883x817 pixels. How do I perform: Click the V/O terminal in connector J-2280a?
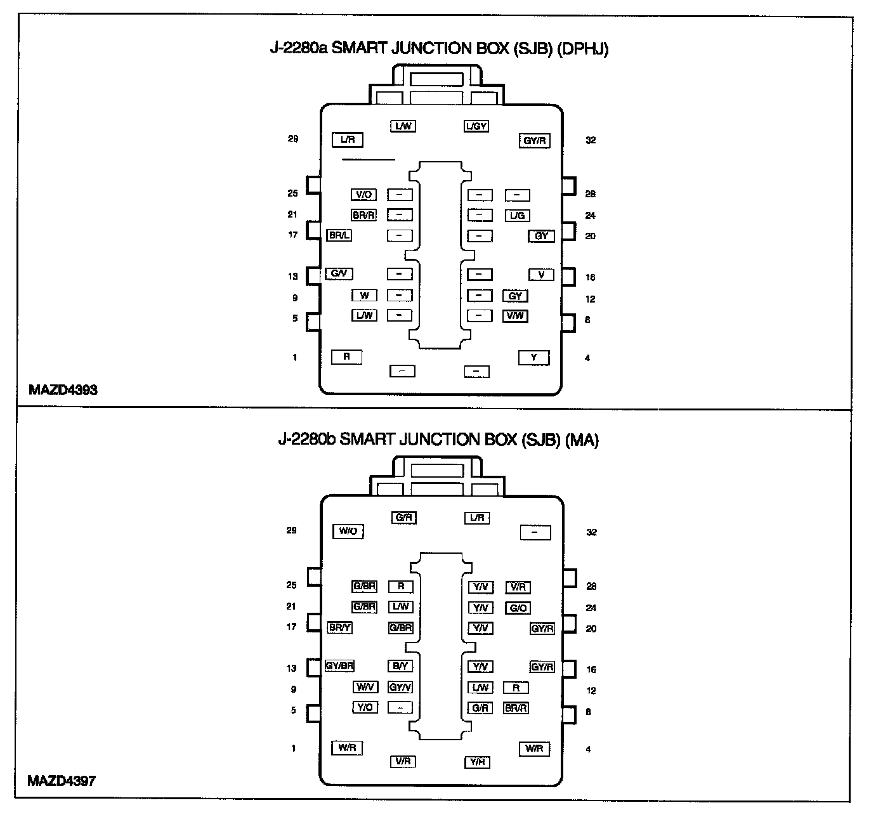pyautogui.click(x=363, y=195)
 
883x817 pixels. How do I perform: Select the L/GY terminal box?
pyautogui.click(x=476, y=126)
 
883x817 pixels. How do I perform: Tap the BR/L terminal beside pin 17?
pyautogui.click(x=339, y=235)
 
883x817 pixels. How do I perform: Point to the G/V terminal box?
pyautogui.click(x=339, y=274)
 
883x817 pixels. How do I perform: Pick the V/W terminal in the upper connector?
pyautogui.click(x=515, y=316)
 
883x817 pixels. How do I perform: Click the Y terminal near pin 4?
pyautogui.click(x=534, y=358)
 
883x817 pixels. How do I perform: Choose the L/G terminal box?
pyautogui.click(x=518, y=216)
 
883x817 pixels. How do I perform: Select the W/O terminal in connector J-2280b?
pyautogui.click(x=348, y=532)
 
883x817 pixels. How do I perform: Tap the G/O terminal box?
pyautogui.click(x=518, y=608)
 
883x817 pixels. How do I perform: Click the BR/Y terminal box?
pyautogui.click(x=339, y=628)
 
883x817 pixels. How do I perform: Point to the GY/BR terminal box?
pyautogui.click(x=339, y=666)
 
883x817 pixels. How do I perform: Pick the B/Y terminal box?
pyautogui.click(x=400, y=666)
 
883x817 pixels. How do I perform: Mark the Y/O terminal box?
pyautogui.click(x=365, y=707)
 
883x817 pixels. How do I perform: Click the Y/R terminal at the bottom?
pyautogui.click(x=477, y=762)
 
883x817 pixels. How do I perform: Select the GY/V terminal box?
pyautogui.click(x=400, y=687)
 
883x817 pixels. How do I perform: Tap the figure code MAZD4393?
pyautogui.click(x=63, y=390)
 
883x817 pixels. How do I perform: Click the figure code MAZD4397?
pyautogui.click(x=62, y=781)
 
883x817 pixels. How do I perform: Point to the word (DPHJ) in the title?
pyautogui.click(x=582, y=49)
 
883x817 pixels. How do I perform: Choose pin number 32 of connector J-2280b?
pyautogui.click(x=591, y=532)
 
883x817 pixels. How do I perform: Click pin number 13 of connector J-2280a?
pyautogui.click(x=292, y=276)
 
